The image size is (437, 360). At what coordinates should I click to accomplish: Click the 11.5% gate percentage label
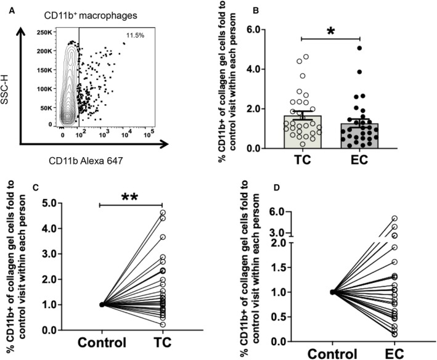(135, 35)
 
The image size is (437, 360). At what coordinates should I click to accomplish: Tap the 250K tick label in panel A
(44, 32)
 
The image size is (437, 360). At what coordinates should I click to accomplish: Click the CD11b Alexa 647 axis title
(86, 161)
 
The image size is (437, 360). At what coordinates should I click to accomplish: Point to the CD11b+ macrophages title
(91, 15)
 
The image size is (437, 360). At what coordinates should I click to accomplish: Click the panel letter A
(12, 11)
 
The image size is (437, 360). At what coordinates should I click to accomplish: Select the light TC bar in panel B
(303, 132)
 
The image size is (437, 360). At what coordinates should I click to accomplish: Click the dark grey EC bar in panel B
(359, 136)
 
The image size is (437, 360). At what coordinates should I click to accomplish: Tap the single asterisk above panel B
(330, 31)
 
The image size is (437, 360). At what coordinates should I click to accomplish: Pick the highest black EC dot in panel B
(359, 48)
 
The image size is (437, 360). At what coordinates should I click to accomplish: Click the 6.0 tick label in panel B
(254, 29)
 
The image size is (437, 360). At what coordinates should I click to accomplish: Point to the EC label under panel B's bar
(359, 160)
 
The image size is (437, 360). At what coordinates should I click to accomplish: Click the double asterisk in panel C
(129, 197)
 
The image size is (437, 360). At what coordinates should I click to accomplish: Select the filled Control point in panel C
(102, 305)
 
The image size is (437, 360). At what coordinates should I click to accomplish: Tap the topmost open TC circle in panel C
(163, 213)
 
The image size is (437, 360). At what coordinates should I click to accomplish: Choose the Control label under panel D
(332, 354)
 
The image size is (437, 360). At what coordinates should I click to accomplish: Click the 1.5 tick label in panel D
(280, 267)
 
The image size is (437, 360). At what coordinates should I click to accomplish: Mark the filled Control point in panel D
(332, 292)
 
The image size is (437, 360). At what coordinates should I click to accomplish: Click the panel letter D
(276, 187)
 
